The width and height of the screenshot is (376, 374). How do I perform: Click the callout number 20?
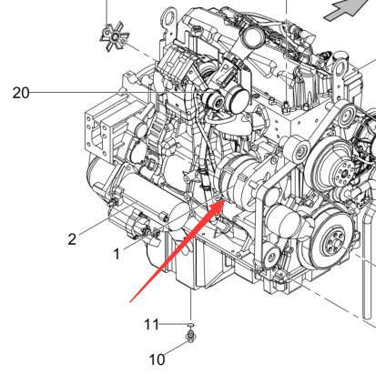tap(21, 93)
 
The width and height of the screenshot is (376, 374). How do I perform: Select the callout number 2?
tap(72, 239)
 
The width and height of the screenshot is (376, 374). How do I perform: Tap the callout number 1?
tap(117, 254)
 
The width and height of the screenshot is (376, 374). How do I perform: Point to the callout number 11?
tap(151, 325)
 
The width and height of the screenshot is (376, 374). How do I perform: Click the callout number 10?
tap(158, 359)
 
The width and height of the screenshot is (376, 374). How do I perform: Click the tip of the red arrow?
tap(224, 200)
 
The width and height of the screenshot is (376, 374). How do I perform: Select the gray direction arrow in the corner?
tap(350, 9)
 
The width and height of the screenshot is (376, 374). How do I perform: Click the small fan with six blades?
tap(115, 37)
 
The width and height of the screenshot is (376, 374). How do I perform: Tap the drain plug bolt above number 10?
tap(190, 337)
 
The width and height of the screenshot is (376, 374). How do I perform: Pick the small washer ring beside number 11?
tap(190, 326)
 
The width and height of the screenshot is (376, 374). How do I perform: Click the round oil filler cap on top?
tap(252, 37)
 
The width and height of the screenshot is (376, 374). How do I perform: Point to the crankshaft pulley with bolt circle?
tap(333, 242)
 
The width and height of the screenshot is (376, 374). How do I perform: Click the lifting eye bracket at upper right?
tap(340, 68)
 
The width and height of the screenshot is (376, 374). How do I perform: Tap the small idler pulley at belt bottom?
tap(271, 256)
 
